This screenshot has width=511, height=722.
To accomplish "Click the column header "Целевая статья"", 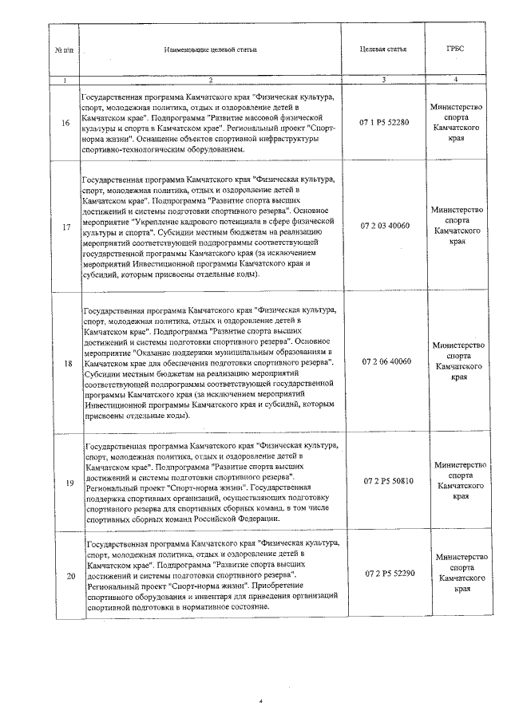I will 383,49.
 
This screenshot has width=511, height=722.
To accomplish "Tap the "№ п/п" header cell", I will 64,49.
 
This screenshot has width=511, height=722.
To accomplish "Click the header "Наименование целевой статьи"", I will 211,49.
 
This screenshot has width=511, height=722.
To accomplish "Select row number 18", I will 65,361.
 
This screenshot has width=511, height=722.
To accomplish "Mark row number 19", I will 65,481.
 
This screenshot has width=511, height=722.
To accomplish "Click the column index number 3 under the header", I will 383,80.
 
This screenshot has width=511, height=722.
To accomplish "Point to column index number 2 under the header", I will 211,80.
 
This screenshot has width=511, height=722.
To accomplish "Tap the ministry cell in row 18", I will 457,361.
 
